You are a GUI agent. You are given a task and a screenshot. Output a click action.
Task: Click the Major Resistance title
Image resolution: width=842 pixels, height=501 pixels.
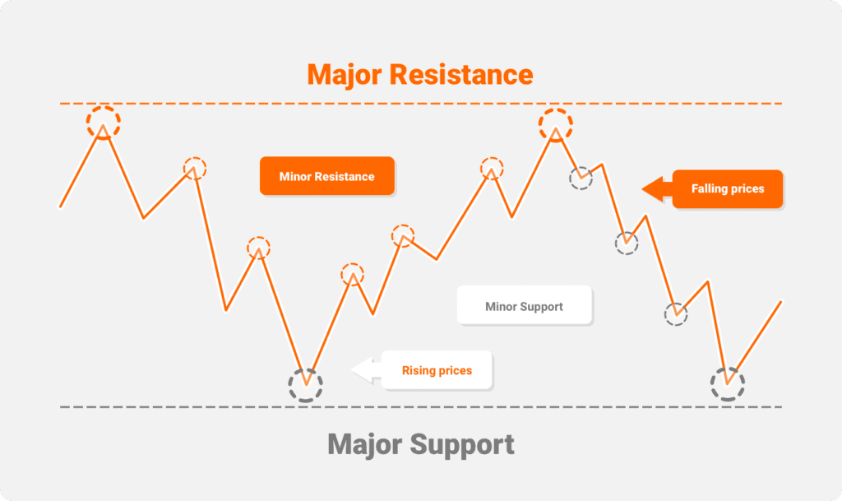(420, 74)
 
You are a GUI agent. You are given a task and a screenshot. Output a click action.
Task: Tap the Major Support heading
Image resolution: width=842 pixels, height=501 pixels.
(420, 444)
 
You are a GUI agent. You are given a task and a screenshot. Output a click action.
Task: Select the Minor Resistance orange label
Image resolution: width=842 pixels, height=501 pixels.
(326, 176)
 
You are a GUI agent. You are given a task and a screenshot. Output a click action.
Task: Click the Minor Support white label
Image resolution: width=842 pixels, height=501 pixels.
(524, 306)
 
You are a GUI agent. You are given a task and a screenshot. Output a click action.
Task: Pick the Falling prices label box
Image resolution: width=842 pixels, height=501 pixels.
(727, 188)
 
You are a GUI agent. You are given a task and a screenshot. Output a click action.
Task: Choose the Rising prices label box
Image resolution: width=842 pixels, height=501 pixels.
(437, 370)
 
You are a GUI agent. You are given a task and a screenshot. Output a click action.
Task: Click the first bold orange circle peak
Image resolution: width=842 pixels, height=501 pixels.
(104, 123)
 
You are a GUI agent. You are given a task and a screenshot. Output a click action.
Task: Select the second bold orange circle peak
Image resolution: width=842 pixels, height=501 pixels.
(556, 124)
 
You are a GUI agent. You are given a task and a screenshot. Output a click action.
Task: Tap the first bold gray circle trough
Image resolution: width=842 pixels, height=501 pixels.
(306, 385)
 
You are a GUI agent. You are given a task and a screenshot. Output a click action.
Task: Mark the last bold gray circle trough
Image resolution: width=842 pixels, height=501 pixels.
(727, 383)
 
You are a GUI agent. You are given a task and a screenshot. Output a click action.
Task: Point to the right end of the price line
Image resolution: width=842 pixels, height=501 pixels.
(780, 301)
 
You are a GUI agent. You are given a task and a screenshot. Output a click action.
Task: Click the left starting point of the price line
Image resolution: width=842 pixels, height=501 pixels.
(60, 206)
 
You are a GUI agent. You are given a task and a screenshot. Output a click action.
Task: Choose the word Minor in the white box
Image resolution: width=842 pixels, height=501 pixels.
(501, 306)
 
